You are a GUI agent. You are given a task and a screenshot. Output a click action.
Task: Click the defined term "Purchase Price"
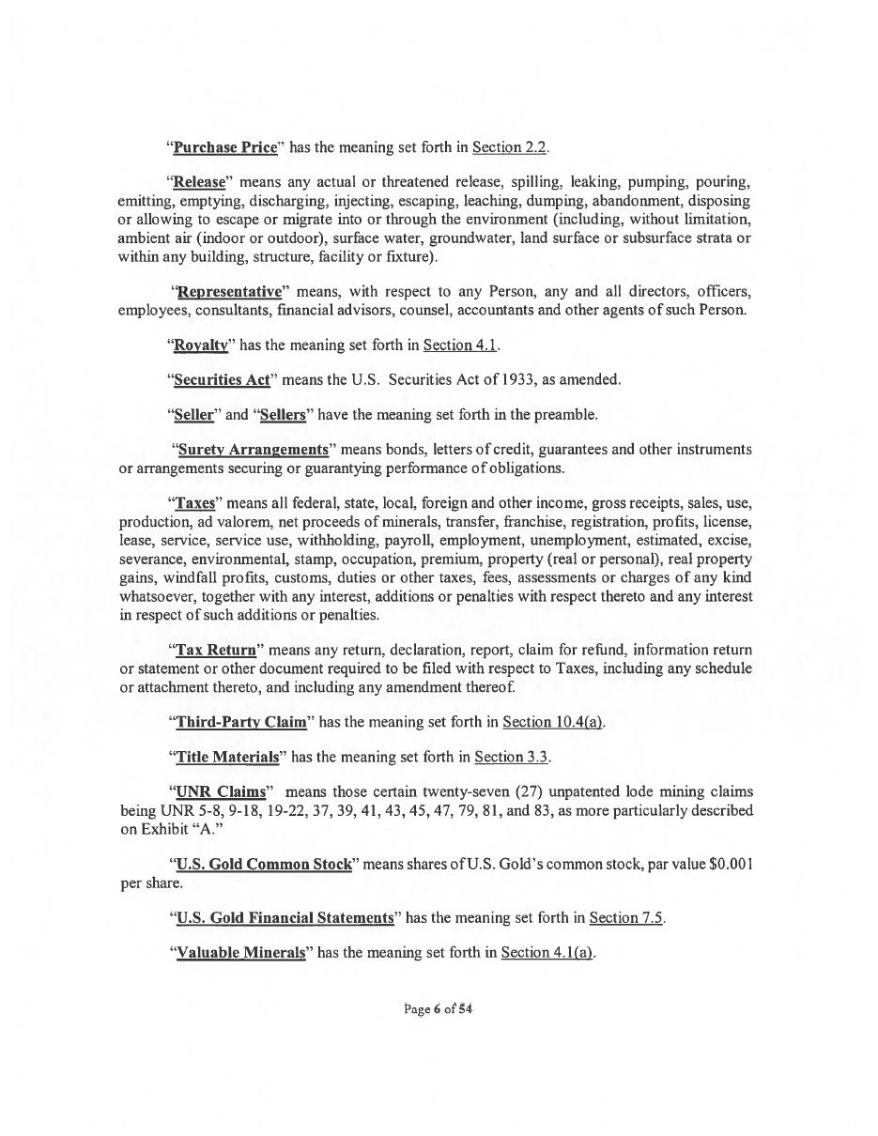tap(225, 147)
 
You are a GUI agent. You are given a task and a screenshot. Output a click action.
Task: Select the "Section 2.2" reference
tap(510, 147)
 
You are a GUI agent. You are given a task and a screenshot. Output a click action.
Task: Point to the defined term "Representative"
tap(229, 292)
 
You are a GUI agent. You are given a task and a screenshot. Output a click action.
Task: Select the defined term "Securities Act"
tap(223, 380)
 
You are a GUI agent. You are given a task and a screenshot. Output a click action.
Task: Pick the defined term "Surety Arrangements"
tap(253, 450)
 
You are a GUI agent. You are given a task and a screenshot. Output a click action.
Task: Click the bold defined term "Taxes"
tap(195, 503)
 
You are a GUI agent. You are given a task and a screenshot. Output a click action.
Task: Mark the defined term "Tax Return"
tap(216, 650)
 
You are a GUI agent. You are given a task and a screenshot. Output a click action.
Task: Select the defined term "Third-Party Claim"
tap(241, 722)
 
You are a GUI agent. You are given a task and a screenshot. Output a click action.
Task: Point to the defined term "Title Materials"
tap(227, 757)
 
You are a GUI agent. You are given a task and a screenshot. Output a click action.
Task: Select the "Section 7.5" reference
tap(626, 917)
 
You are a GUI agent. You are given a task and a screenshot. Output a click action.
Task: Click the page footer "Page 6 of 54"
tap(439, 1009)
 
